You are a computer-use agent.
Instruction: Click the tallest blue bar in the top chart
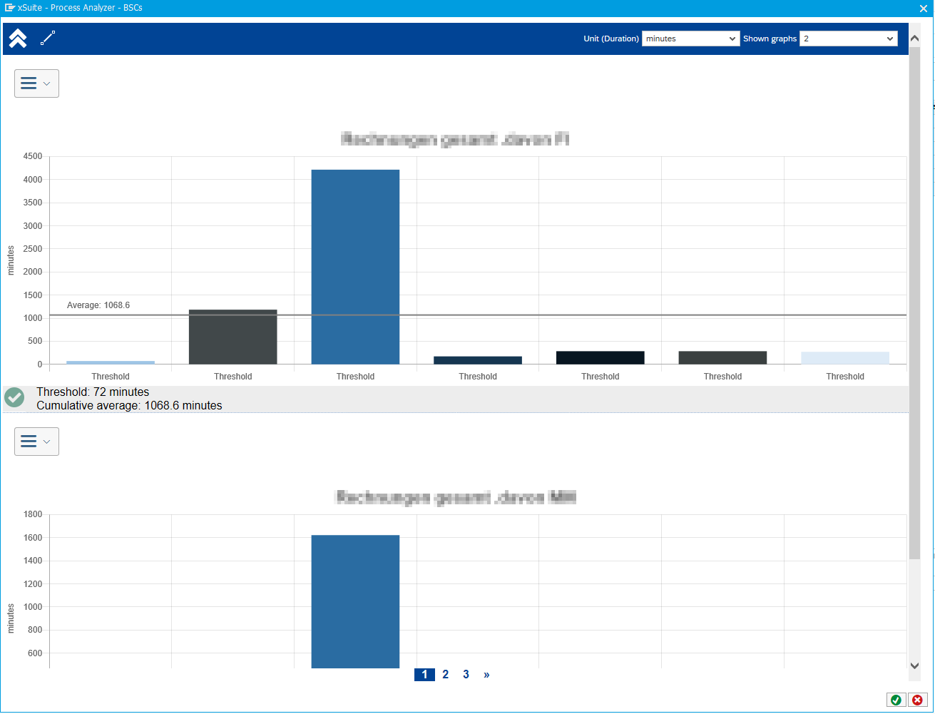pyautogui.click(x=355, y=267)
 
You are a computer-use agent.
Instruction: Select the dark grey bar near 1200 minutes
pyautogui.click(x=233, y=337)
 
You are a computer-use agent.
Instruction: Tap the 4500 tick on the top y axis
pyautogui.click(x=33, y=157)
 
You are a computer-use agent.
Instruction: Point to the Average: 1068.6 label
pyautogui.click(x=98, y=305)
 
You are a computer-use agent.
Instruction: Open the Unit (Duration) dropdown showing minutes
pyautogui.click(x=690, y=39)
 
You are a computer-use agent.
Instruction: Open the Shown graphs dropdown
pyautogui.click(x=848, y=39)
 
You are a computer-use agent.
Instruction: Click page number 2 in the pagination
pyautogui.click(x=446, y=675)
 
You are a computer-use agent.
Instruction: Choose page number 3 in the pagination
pyautogui.click(x=466, y=675)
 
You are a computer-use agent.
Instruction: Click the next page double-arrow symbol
pyautogui.click(x=486, y=675)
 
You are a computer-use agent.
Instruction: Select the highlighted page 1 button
pyautogui.click(x=424, y=675)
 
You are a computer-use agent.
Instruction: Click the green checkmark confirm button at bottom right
pyautogui.click(x=896, y=700)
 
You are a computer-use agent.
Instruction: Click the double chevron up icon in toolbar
pyautogui.click(x=18, y=39)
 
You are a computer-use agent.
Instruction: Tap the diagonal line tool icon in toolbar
pyautogui.click(x=48, y=39)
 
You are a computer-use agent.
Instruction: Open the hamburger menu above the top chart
pyautogui.click(x=36, y=83)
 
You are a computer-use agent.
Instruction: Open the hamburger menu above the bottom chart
pyautogui.click(x=36, y=442)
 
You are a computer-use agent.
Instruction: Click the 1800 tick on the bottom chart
pyautogui.click(x=33, y=514)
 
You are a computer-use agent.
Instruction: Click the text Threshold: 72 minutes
pyautogui.click(x=93, y=392)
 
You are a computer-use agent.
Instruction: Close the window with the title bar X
pyautogui.click(x=924, y=8)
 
